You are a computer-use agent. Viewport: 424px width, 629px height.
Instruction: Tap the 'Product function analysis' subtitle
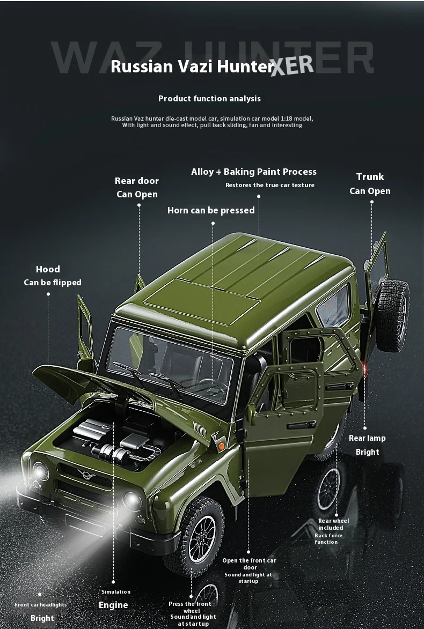click(x=209, y=99)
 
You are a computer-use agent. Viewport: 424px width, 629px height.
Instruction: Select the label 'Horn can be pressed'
click(x=211, y=210)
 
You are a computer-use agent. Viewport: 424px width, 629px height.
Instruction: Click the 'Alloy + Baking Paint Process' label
click(x=254, y=172)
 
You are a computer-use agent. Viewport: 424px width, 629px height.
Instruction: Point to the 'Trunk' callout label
click(x=370, y=177)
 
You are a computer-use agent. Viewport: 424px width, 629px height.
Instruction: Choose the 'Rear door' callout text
click(x=137, y=181)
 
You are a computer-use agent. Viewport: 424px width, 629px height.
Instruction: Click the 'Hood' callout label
click(x=48, y=269)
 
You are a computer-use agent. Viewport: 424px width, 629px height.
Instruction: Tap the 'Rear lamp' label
click(x=367, y=438)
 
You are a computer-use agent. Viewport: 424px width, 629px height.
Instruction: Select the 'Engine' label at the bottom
click(x=113, y=605)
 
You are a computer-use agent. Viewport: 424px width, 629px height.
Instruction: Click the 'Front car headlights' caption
click(x=41, y=605)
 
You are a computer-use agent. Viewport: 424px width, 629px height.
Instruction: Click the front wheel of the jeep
click(x=196, y=536)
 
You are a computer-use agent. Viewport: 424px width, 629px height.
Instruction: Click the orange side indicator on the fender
click(x=220, y=445)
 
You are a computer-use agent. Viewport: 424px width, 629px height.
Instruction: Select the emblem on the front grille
click(x=84, y=473)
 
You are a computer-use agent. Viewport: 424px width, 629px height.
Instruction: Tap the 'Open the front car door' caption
click(x=249, y=564)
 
